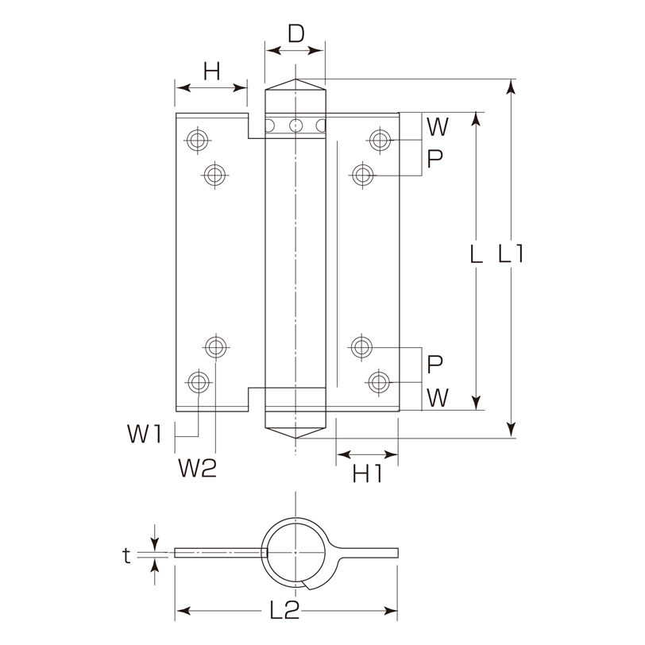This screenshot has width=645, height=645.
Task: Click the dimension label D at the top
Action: pos(295,33)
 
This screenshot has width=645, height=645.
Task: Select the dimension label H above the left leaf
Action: pos(212,71)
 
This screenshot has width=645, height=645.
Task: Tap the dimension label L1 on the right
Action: pos(511,253)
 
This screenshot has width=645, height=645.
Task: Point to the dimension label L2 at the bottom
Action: pos(284,610)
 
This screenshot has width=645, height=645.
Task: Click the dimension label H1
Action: pos(367,474)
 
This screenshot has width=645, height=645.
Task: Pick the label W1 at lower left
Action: pos(145,434)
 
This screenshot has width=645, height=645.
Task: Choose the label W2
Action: pos(198,468)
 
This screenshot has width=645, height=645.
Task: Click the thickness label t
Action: pos(127,556)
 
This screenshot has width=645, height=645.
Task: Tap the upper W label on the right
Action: pos(437,127)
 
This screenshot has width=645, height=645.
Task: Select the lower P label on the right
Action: pos(435,364)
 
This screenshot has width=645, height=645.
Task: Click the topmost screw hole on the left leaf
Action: pos(198,140)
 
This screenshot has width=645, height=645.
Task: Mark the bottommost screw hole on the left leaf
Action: pos(199,381)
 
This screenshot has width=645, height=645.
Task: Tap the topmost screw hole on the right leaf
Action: pos(379,140)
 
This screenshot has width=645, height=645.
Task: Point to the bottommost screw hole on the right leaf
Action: pos(379,382)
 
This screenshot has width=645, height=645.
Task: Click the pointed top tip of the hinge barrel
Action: pos(295,79)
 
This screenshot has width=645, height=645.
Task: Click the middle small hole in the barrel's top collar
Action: pos(295,125)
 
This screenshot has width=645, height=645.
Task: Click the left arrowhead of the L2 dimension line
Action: pos(183,610)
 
